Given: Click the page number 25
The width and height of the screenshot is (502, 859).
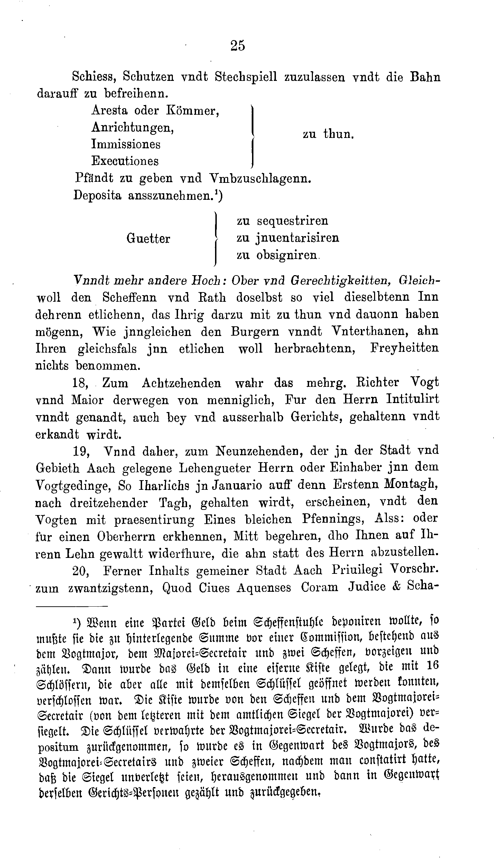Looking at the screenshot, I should [x=237, y=46].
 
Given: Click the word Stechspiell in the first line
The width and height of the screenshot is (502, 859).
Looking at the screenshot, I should [x=246, y=77].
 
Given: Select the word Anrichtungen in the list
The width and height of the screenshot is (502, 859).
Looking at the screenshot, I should [x=132, y=128].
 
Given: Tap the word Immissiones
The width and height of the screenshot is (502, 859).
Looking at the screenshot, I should [x=126, y=144].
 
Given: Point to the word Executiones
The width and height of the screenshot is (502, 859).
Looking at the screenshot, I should [x=125, y=161].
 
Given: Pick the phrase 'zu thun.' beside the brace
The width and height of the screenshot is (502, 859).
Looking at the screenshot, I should [x=329, y=134].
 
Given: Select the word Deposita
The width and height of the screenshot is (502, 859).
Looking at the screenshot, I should [x=98, y=196].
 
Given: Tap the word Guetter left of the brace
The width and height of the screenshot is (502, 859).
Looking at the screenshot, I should [x=148, y=239].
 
